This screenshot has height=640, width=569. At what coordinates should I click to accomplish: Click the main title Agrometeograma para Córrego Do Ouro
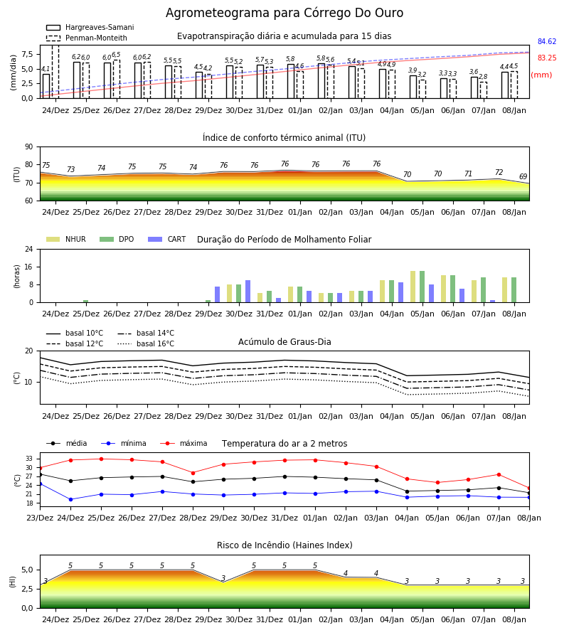(x=284, y=13)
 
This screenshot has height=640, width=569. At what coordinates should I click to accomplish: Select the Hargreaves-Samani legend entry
(x=90, y=27)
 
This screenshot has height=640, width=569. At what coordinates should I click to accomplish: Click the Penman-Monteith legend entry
(x=87, y=38)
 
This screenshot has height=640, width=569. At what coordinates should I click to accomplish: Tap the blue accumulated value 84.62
(x=547, y=42)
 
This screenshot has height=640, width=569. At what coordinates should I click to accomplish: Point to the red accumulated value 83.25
(x=547, y=58)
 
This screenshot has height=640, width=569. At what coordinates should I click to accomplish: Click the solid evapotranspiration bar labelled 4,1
(x=46, y=86)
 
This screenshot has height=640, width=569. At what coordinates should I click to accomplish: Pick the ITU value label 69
(x=523, y=177)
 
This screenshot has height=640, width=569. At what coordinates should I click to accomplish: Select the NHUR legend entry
(x=66, y=239)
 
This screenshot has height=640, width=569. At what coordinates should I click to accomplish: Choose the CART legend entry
(x=167, y=239)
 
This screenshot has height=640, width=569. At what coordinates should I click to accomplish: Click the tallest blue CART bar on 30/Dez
(x=248, y=292)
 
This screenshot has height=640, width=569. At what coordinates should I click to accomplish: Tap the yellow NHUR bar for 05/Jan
(x=413, y=287)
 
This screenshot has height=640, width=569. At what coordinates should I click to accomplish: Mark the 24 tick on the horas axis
(x=29, y=249)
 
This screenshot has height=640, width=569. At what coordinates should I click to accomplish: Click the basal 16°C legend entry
(x=146, y=343)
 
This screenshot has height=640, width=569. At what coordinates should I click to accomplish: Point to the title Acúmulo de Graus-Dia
(x=284, y=342)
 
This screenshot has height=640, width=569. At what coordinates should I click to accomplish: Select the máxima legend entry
(x=184, y=443)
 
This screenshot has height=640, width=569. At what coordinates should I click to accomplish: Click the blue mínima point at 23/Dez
(x=40, y=484)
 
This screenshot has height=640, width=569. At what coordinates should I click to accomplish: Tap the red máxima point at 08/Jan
(x=529, y=488)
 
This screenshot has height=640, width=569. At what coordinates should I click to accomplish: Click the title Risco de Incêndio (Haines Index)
(x=284, y=545)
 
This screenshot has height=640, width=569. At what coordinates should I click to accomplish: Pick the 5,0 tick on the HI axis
(x=28, y=570)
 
